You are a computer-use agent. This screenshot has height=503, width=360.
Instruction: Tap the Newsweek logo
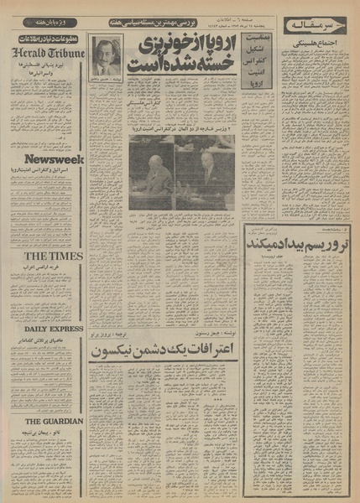[x=45, y=158]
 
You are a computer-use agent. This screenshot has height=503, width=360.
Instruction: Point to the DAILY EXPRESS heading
[x=45, y=329]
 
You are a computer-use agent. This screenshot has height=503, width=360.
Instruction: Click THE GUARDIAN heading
[x=45, y=421]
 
